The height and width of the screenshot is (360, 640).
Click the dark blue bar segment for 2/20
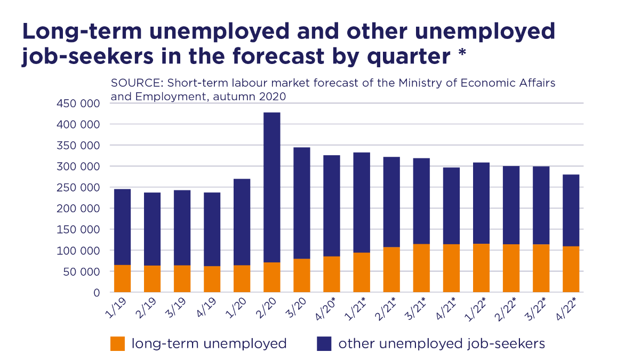[x=271, y=187]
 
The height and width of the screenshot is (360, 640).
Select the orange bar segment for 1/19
[x=122, y=278]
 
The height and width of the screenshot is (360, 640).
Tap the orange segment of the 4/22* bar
[x=571, y=269]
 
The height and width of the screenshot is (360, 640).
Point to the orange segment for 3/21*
[x=421, y=268]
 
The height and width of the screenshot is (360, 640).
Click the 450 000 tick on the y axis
[x=78, y=103]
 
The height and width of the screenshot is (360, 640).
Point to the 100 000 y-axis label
[x=78, y=251]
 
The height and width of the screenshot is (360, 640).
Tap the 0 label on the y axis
[x=96, y=293]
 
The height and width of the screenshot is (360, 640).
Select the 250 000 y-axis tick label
[x=78, y=188]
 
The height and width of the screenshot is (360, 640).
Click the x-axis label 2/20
[x=270, y=308]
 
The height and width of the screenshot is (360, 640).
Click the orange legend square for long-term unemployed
[x=117, y=343]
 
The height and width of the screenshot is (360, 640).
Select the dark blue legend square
[x=324, y=343]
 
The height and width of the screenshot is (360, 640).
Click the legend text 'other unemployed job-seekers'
[x=442, y=343]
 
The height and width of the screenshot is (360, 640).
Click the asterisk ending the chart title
[x=462, y=54]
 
